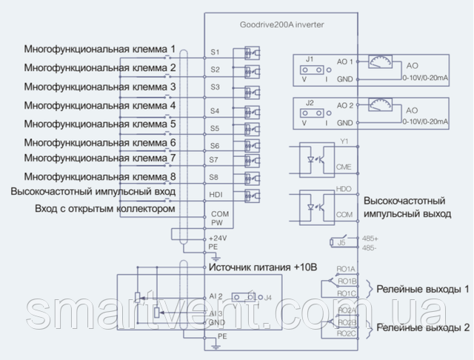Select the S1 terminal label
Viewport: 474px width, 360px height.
pos(215,53)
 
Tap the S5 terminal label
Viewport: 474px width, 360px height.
pos(215,128)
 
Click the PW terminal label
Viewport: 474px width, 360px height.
pos(216,221)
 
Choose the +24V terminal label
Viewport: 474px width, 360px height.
pos(218,238)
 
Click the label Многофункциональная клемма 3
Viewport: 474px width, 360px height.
pos(100,87)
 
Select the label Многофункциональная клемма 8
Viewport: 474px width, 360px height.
pos(100,176)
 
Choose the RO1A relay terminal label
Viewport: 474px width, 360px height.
pos(346,270)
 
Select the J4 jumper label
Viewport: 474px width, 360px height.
pos(268,299)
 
